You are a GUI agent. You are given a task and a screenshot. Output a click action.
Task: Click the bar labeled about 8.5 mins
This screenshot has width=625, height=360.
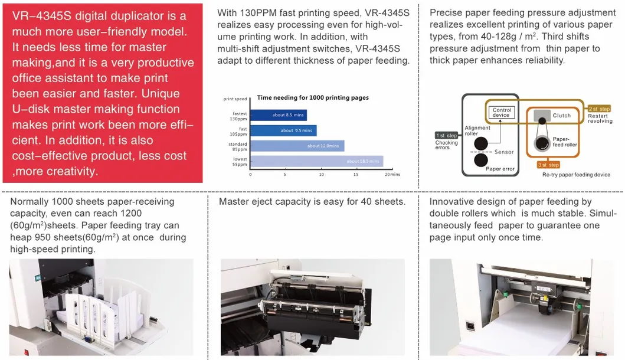click(278, 115)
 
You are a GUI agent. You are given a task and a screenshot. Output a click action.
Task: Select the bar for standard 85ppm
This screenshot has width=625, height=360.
click(297, 146)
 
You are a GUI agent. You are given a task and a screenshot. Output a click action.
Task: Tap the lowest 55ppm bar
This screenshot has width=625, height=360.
click(316, 161)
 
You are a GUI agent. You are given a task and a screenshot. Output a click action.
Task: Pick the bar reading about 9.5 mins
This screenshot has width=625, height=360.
click(283, 130)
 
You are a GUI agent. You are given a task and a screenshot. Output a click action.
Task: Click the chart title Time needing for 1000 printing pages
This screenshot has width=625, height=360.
click(313, 97)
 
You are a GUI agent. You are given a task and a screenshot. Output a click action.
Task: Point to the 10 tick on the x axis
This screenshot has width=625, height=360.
click(321, 175)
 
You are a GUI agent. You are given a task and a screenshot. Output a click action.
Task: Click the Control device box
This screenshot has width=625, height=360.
click(502, 112)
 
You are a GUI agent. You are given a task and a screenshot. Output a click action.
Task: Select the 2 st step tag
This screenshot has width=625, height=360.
click(600, 109)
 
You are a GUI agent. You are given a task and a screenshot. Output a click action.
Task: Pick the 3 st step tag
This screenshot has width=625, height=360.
click(548, 165)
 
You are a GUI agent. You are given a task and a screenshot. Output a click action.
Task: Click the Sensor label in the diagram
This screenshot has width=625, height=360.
click(504, 152)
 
